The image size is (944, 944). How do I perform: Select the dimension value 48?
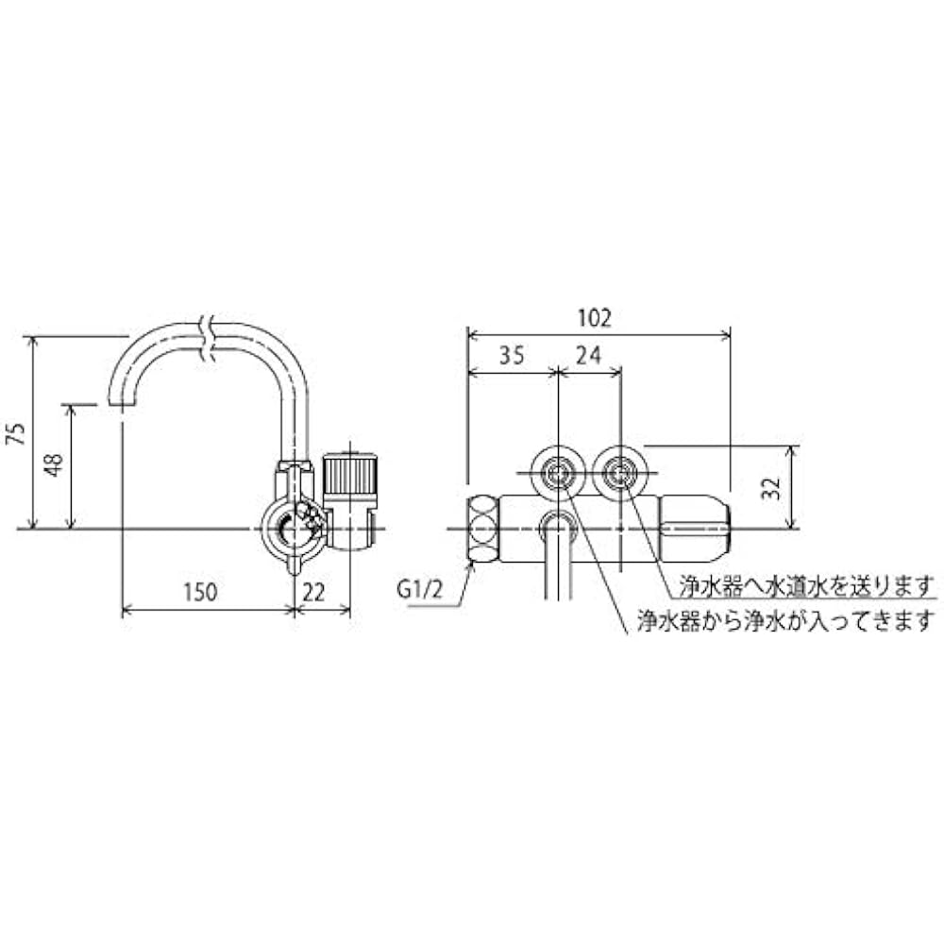click(56, 465)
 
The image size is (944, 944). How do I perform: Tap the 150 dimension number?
click(201, 592)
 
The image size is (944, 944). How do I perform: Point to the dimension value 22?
click(317, 592)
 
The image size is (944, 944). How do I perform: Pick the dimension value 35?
click(511, 356)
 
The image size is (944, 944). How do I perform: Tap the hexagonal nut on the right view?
click(482, 529)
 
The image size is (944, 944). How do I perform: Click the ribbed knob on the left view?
click(350, 471)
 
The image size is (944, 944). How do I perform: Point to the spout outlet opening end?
click(121, 402)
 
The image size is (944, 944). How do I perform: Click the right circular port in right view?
click(620, 469)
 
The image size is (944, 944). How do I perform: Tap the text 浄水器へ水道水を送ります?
click(808, 584)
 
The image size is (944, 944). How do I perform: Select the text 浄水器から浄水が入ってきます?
click(785, 620)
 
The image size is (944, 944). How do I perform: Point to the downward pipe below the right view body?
click(557, 566)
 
